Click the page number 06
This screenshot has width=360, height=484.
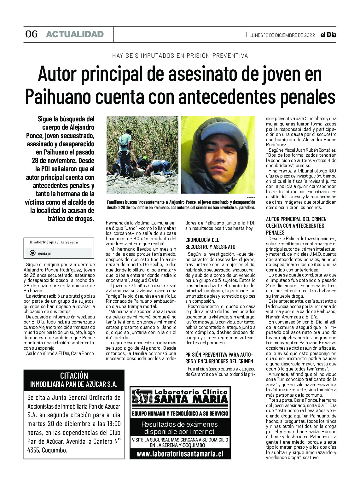click(x=31, y=34)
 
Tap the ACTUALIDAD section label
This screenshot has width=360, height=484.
click(x=75, y=34)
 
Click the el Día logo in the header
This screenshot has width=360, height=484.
click(x=328, y=35)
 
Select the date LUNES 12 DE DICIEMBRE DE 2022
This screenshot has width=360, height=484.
click(x=282, y=35)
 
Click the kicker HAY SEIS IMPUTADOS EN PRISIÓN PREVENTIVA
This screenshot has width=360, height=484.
click(x=180, y=56)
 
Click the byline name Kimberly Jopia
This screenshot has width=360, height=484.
click(x=43, y=242)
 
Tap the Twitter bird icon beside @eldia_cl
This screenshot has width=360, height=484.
click(x=32, y=253)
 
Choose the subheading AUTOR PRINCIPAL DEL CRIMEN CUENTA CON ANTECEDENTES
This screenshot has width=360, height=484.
click(x=296, y=226)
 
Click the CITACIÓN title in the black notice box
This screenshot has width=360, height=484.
click(x=74, y=375)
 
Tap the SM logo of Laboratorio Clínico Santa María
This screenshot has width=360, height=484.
click(x=142, y=397)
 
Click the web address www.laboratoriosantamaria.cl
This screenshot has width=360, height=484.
click(x=180, y=454)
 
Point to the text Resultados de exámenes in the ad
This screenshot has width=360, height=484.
click(x=179, y=424)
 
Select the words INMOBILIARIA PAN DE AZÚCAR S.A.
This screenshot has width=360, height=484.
click(x=74, y=384)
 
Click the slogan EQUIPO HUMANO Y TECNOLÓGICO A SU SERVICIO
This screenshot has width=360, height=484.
click(x=180, y=413)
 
